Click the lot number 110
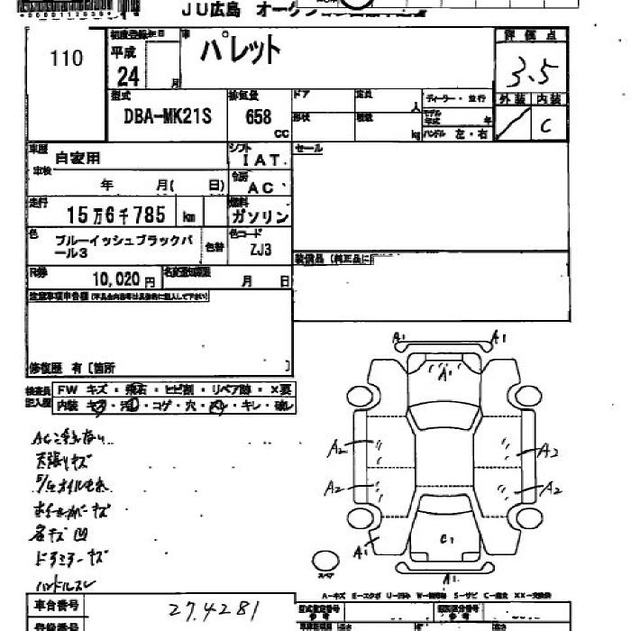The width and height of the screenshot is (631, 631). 67,59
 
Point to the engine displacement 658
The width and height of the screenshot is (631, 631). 258,116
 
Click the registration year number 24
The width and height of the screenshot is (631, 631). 127,77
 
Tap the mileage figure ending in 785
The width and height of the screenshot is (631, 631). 118,216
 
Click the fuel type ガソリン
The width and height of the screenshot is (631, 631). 260,217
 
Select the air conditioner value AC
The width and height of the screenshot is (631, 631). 261,188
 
